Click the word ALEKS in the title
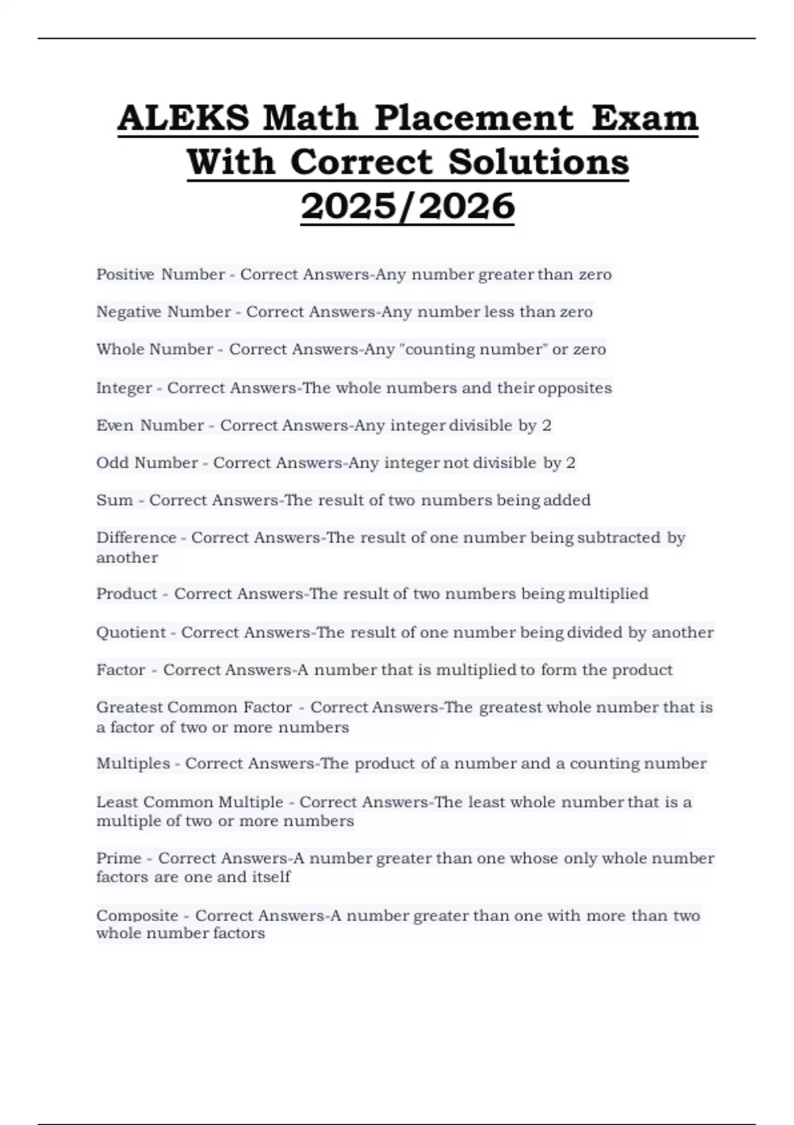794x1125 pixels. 183,118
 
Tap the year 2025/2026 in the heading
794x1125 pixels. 408,206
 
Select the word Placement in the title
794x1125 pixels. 474,118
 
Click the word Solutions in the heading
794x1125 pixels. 539,162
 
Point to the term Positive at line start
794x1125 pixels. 124,275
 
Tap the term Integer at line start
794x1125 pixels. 124,388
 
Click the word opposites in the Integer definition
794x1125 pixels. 574,388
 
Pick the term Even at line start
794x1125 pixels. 114,426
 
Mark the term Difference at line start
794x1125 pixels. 136,538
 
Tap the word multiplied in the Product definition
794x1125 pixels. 607,594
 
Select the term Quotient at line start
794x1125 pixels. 130,633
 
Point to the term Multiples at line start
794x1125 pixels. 133,764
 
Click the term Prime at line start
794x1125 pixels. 118,858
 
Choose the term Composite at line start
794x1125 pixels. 137,916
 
